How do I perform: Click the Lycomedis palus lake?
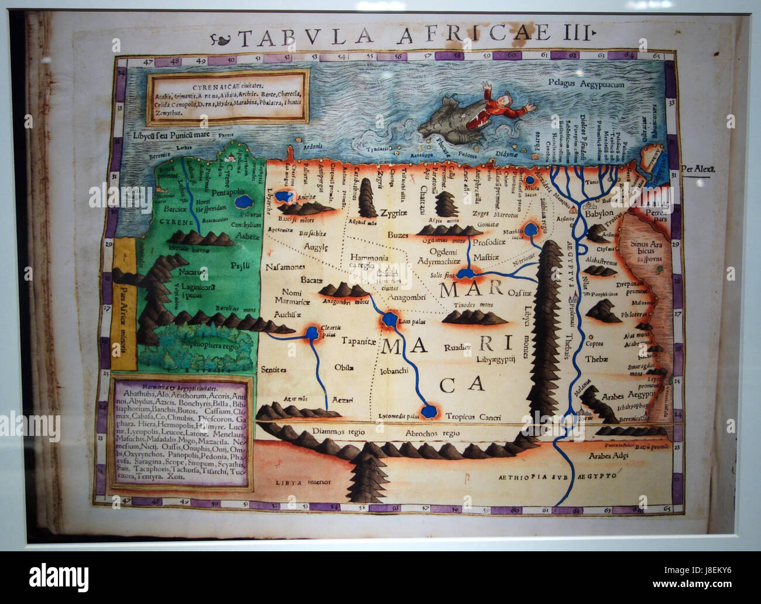429,410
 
